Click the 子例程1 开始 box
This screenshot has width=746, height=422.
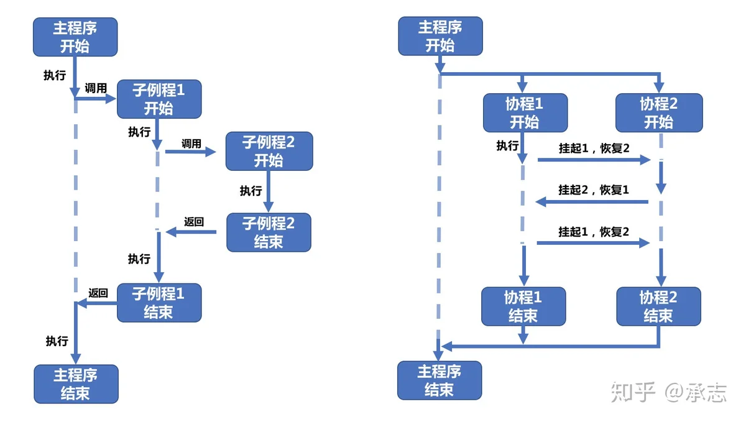tap(159, 99)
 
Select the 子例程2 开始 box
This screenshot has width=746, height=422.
tap(269, 151)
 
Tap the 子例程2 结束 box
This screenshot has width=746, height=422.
tap(269, 232)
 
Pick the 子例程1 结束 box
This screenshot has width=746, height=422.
tap(159, 303)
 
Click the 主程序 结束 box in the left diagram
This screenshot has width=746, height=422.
tap(76, 384)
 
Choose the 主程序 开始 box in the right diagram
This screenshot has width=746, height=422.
tap(440, 36)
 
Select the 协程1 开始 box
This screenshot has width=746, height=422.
tap(525, 112)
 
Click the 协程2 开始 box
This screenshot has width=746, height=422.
tap(659, 112)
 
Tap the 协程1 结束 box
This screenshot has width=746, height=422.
tap(523, 306)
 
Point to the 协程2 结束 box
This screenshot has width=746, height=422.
tap(659, 306)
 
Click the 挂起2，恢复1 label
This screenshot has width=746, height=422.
tap(594, 190)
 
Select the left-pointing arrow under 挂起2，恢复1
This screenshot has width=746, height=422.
tap(592, 201)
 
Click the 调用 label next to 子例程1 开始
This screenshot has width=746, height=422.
tap(96, 88)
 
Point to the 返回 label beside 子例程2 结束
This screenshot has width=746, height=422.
tap(194, 221)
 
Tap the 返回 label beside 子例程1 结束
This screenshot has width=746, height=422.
tap(98, 293)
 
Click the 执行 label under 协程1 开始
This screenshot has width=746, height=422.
tap(507, 145)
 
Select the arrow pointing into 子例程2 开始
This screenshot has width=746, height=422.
tap(190, 152)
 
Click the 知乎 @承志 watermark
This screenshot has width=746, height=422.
tap(668, 392)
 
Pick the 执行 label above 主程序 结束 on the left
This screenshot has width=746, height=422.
tap(57, 341)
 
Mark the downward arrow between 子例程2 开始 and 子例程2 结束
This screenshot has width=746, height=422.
tap(269, 191)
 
